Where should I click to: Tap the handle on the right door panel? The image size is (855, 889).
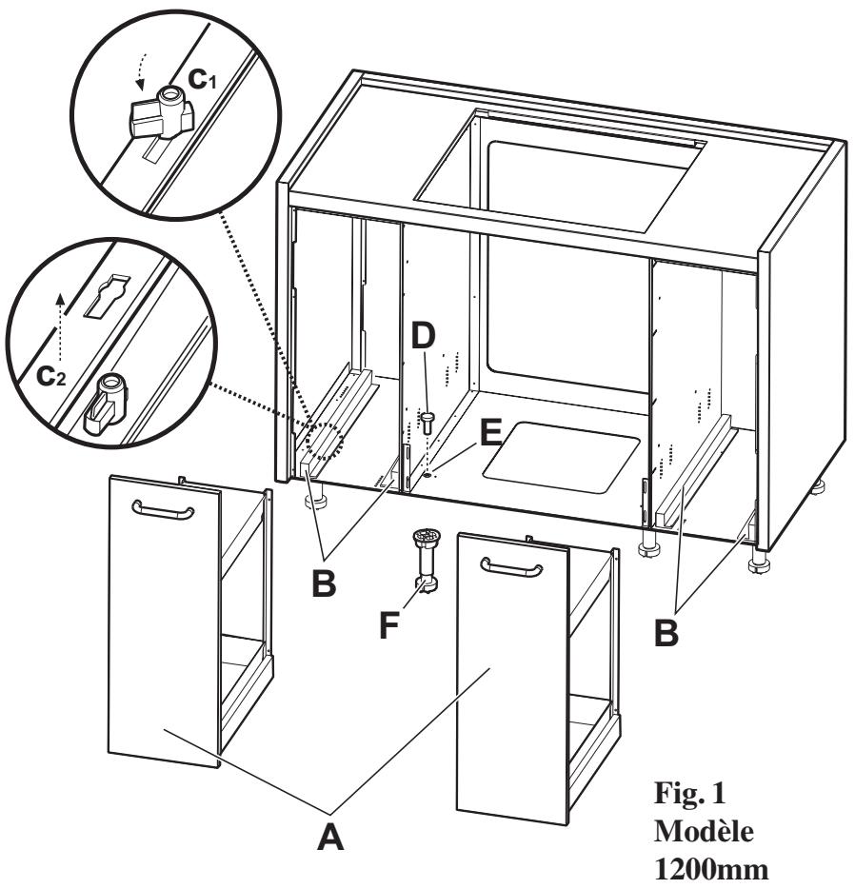[x=511, y=568]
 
